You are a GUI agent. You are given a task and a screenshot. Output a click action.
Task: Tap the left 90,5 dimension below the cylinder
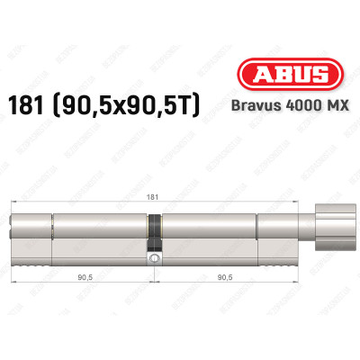[85, 278]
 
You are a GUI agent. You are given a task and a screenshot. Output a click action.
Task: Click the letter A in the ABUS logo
[253, 76]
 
